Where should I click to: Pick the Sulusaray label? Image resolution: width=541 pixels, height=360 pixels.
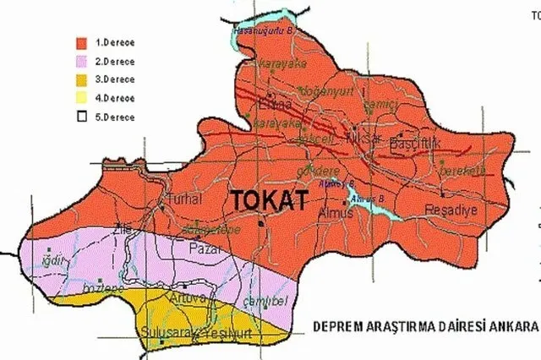pos(165,331)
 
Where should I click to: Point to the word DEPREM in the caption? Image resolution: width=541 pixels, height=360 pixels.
pos(338,326)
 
